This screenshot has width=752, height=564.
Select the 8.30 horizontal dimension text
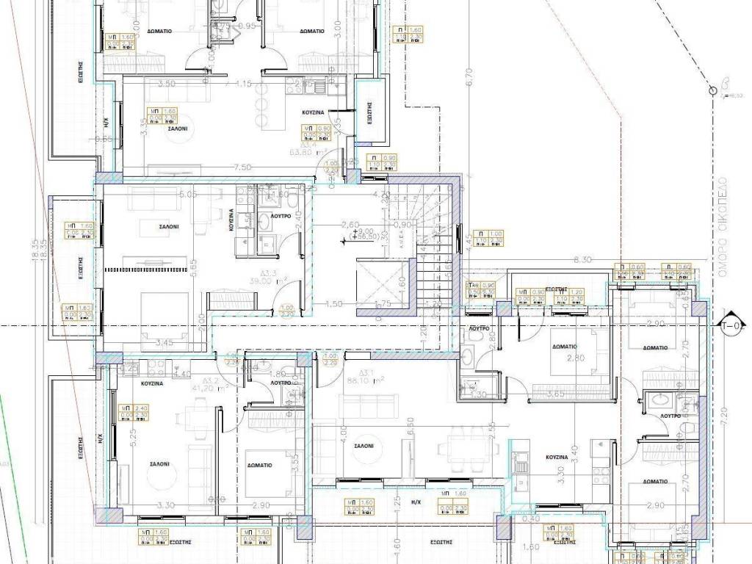[582, 259]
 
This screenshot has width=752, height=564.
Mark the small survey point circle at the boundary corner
[712, 90]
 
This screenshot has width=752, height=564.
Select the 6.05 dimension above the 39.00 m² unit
[189, 195]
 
